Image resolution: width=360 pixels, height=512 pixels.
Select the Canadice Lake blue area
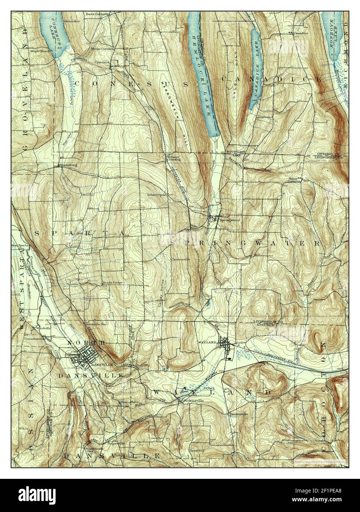click(x=255, y=70)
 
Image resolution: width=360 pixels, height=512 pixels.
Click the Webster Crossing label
click(x=172, y=158)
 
